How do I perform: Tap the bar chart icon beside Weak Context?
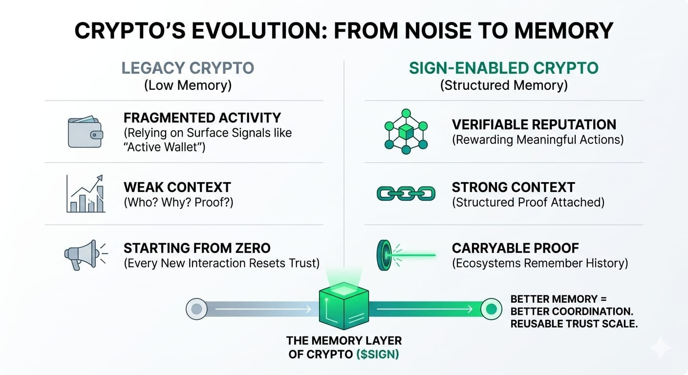coord(86,194)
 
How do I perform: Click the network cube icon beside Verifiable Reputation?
coord(406,131)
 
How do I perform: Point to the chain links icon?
coord(406,194)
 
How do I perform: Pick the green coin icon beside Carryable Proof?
coord(383,254)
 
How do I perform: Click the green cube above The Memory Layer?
coord(343,306)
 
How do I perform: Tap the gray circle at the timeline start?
coord(196,309)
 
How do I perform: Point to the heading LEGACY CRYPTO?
coord(188,68)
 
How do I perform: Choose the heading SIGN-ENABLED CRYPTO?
coord(503,68)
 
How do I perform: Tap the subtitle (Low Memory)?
coord(188,85)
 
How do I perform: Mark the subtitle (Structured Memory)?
coord(504,85)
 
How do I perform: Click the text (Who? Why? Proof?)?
coord(178,202)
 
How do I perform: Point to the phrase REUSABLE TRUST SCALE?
coord(574,324)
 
